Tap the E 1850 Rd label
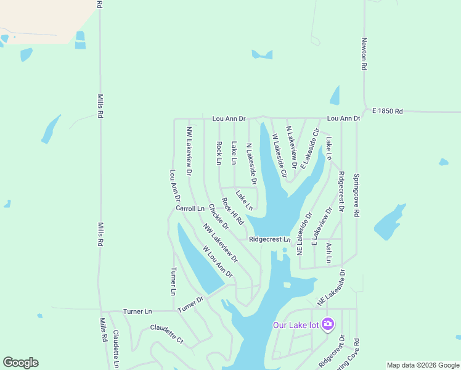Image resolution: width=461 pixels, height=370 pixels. point(387,112)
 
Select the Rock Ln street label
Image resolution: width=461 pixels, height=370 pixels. point(219,154)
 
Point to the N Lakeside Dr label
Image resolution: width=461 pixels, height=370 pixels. point(251,163)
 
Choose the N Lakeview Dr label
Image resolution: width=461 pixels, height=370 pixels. point(292,147)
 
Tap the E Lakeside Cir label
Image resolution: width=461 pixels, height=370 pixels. point(312,141)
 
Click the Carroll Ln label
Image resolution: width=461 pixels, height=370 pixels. point(190,208)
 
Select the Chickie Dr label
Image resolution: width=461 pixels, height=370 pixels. point(219,217)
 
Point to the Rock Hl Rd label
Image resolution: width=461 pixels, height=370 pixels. point(233,210)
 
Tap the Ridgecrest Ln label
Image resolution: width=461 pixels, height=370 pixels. point(269,239)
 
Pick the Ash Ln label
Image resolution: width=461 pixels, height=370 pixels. point(328,253)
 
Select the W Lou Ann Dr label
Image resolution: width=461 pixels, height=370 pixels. point(218,261)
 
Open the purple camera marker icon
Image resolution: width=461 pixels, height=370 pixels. point(327,324)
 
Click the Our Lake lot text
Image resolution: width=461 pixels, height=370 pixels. point(296,325)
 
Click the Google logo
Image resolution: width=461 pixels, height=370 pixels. point(20,363)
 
